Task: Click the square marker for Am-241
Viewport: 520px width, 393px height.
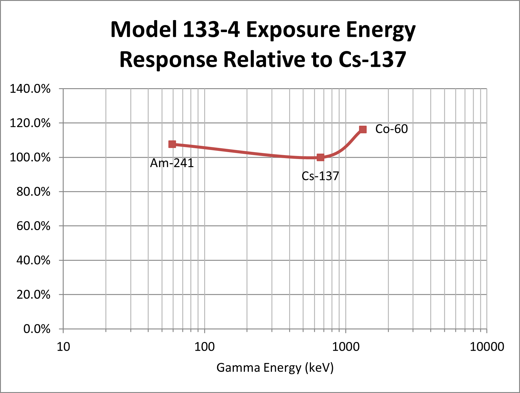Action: coord(172,144)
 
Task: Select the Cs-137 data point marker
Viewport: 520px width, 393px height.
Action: coord(320,157)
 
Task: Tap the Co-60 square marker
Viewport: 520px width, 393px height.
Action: coord(363,129)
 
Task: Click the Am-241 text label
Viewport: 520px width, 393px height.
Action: coord(172,163)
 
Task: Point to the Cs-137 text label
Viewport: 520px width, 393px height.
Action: coord(320,176)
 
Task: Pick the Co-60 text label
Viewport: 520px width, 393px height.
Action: coord(391,129)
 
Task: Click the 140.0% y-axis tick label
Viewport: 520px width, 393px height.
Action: coord(30,89)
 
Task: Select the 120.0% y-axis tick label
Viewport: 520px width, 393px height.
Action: coord(30,123)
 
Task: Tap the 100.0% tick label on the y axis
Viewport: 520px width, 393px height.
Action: coord(30,157)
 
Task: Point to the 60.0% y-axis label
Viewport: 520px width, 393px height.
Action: coord(33,226)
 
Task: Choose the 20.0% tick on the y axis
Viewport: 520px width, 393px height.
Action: coord(33,295)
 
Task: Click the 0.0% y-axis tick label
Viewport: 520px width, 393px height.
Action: coord(37,329)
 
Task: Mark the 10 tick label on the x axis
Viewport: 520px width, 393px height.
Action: coord(63,347)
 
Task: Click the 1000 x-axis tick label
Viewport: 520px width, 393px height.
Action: coord(346,347)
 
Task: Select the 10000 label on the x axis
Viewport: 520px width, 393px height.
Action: coord(487,347)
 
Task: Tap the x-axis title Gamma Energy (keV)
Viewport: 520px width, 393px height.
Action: coord(275,368)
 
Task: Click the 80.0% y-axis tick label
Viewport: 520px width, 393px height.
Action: coord(33,192)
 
